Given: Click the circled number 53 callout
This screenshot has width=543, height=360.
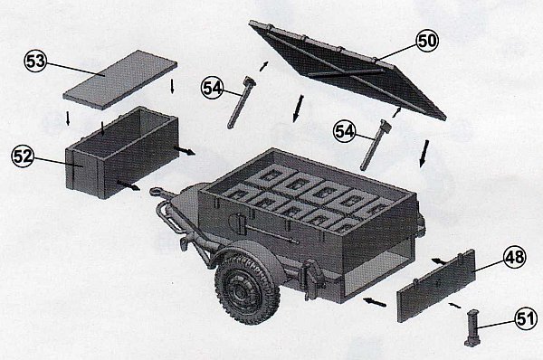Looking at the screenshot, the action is pos(36,62).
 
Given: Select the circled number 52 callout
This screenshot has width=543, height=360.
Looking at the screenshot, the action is pos(24,156).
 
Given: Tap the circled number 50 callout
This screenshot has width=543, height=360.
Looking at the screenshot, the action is pos(427,41).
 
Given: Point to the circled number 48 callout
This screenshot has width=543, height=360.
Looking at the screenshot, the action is pos(515,257).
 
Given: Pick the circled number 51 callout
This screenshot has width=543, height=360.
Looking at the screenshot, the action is pos(526,318).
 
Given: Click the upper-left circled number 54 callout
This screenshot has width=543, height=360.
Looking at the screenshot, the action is pos(213,88).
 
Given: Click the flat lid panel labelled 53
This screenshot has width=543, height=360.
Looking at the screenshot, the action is pos(120,80).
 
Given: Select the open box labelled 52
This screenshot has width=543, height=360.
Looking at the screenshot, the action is pos(121,152).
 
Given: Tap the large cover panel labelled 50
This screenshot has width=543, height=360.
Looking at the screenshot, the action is pos(347,70).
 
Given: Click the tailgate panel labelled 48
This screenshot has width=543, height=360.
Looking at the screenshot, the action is pos(436,286).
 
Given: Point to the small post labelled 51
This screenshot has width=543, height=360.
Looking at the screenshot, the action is pos(472,327).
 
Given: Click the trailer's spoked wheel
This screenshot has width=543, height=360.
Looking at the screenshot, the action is pos(247,289).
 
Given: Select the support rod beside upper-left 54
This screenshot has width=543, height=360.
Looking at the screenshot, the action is pos(241,102).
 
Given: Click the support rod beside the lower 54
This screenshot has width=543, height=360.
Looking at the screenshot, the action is pos(375,145).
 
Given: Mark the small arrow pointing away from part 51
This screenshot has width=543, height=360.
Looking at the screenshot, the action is pos(454,305).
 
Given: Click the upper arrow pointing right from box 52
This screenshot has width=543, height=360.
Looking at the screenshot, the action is pos(185,151).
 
